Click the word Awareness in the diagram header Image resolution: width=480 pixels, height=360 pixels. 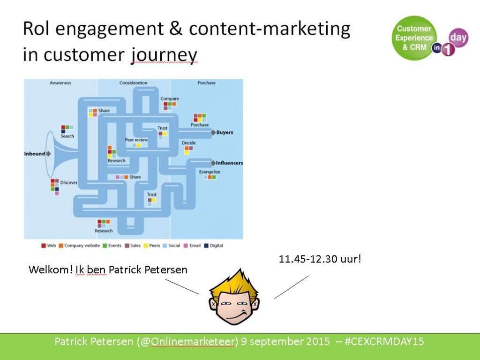coord(60,82)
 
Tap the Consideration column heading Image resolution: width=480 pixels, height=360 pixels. coord(133,82)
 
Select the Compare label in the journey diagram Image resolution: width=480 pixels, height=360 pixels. coord(170,98)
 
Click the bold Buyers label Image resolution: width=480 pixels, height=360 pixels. coord(225,132)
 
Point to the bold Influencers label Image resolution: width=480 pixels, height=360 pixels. coord(229,163)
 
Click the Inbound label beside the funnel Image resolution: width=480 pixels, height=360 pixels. coord(35,154)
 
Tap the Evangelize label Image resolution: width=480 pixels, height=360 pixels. coord(210,172)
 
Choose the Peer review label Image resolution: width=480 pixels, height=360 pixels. coord(136,140)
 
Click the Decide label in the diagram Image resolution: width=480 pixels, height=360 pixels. coord(188,142)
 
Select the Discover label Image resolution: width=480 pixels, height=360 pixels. coord(68,182)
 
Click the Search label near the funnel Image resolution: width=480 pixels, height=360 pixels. coord(67,136)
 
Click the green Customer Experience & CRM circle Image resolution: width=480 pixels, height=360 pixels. coord(414,38)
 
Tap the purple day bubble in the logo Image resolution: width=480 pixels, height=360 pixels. coord(458,37)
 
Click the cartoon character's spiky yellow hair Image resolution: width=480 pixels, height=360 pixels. coord(235,283)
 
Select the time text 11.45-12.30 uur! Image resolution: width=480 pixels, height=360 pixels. coord(320,259)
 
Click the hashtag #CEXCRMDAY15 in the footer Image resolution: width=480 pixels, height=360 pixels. coord(384,341)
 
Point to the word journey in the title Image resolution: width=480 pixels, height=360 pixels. coord(164,55)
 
